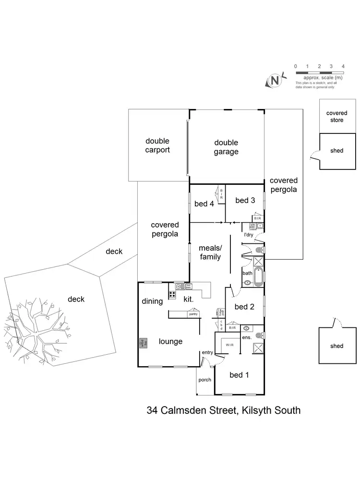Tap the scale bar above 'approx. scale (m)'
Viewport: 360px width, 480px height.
tap(319, 72)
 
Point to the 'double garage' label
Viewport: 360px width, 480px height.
tap(226, 147)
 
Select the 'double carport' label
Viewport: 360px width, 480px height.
tap(158, 145)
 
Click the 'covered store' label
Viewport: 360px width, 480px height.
tap(336, 117)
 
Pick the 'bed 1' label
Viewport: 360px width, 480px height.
tap(239, 375)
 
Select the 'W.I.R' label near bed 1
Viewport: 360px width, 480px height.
tap(227, 345)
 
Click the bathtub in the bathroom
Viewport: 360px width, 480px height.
tap(259, 277)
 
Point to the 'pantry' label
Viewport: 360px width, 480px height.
tap(193, 314)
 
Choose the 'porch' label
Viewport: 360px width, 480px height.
tap(204, 380)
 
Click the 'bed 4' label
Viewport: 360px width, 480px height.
tap(204, 204)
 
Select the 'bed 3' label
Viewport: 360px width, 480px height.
tap(245, 200)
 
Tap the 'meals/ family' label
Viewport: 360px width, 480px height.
tap(210, 252)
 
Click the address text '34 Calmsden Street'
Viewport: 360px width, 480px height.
tap(192, 410)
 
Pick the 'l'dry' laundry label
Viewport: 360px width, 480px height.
tap(249, 235)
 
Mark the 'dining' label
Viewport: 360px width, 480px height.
tap(152, 301)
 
